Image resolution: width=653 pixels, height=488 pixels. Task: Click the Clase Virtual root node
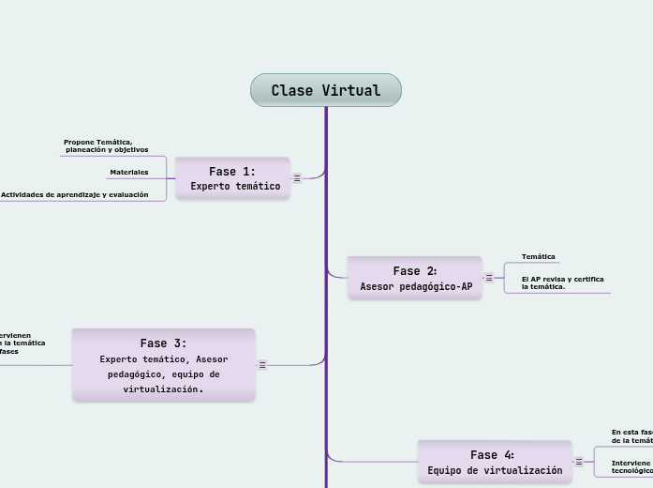[x=325, y=90]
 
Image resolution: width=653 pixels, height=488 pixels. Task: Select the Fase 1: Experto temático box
[x=232, y=178]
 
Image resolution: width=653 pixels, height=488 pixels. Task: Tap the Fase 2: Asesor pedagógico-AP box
[x=415, y=278]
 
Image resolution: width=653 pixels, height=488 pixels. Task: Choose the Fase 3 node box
[x=164, y=365]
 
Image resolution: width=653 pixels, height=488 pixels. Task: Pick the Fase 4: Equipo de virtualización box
[x=494, y=462]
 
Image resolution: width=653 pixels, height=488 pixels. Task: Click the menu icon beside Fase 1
[x=297, y=177]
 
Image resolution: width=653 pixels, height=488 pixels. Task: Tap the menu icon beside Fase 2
[x=489, y=278]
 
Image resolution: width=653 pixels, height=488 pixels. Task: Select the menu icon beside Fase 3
[x=262, y=365]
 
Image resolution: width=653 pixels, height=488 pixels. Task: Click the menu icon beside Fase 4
[x=579, y=462]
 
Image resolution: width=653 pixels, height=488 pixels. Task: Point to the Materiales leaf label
[x=128, y=172]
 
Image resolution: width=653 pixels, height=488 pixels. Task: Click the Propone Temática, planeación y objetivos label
[x=105, y=145]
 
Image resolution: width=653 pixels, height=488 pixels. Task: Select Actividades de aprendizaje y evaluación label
[x=75, y=194]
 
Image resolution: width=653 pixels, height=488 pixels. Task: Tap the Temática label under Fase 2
[x=538, y=256]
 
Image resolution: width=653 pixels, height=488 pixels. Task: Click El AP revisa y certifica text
[x=562, y=282]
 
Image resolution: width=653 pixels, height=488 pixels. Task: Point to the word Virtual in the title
[x=351, y=90]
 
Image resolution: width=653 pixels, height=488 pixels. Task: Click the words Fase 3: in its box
[x=163, y=343]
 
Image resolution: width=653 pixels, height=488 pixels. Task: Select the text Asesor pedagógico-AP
[x=416, y=286]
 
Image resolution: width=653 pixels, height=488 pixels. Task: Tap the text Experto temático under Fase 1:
[x=234, y=186]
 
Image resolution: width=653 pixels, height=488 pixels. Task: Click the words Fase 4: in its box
[x=492, y=454]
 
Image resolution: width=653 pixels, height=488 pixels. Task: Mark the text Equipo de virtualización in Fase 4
[x=495, y=470]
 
